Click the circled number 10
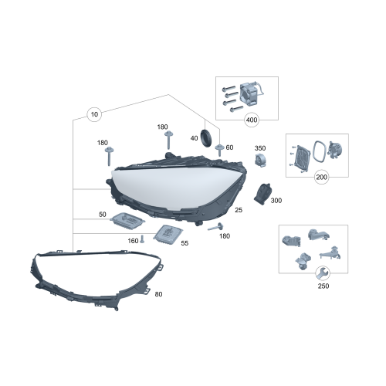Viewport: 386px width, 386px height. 95,115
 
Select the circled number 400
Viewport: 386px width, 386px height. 251,120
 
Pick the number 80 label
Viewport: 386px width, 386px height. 159,294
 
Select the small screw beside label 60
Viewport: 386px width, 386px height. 219,148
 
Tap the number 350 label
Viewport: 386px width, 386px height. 260,148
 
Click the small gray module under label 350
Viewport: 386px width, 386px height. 260,161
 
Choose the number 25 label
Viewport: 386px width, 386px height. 239,210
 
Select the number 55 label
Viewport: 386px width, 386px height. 184,242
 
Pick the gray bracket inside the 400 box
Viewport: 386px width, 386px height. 252,94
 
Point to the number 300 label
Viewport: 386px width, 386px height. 276,201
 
